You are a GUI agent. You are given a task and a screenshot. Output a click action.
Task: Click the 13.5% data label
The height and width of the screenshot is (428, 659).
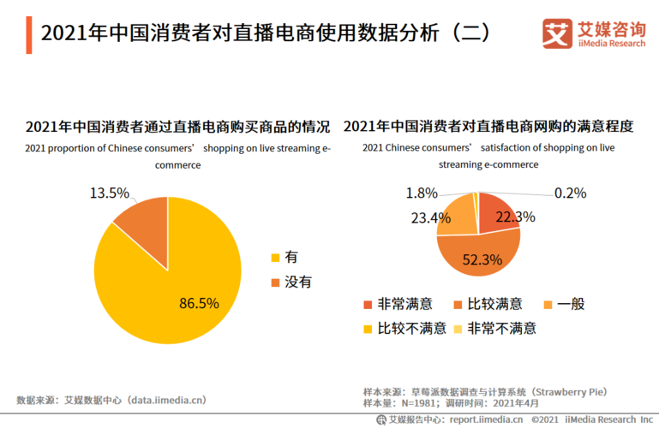click(x=110, y=193)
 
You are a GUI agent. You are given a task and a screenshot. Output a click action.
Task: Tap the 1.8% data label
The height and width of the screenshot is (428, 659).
click(x=422, y=193)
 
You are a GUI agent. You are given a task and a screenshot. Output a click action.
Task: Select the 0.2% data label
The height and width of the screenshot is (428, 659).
click(x=570, y=193)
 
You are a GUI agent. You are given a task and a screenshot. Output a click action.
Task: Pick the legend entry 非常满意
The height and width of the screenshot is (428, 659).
click(x=404, y=305)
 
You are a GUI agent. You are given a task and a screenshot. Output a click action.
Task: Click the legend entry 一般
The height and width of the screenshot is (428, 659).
click(x=570, y=305)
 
